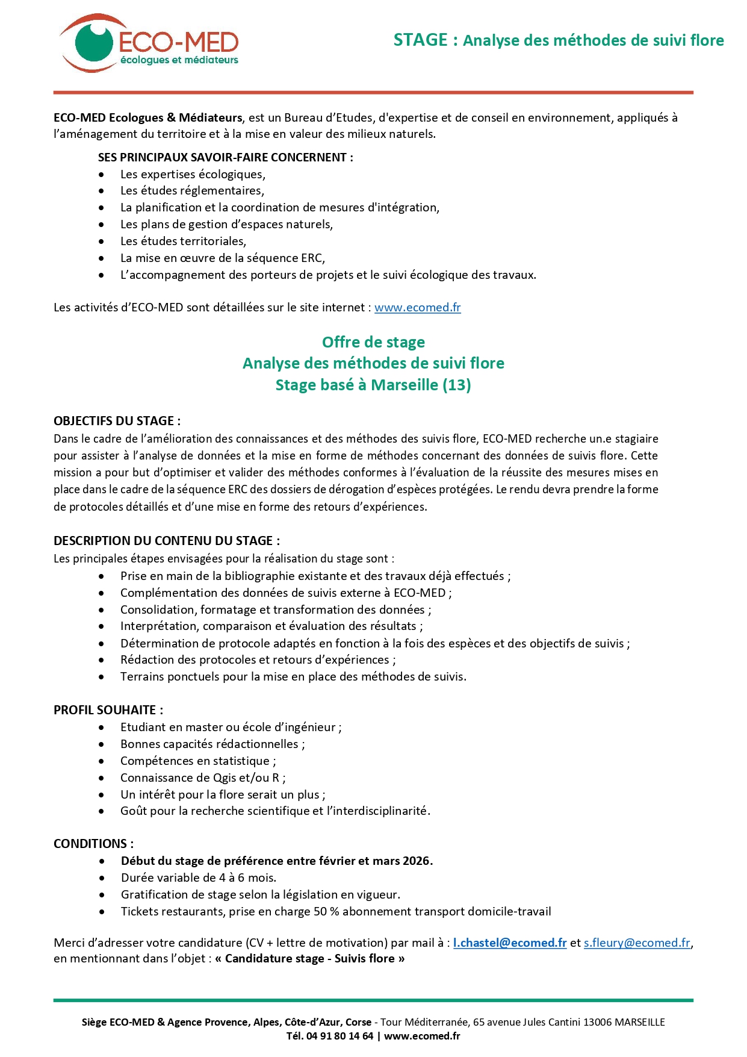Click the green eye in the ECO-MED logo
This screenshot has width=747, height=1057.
93,41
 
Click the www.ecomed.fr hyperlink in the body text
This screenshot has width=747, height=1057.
417,307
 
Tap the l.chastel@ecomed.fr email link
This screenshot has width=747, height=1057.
509,943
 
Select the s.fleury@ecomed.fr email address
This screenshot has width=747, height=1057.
637,943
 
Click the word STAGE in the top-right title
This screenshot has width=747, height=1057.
420,40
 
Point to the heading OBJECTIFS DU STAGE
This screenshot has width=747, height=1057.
117,421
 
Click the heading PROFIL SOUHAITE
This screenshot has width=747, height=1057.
108,710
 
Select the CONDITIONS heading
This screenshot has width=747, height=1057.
93,844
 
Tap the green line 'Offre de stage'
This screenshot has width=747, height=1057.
373,342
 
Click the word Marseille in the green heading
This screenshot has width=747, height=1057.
404,385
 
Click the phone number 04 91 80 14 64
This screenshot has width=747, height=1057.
339,1036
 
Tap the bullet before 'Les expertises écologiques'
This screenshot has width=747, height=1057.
102,175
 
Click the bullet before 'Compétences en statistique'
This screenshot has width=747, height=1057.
102,761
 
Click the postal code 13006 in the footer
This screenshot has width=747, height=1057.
597,1022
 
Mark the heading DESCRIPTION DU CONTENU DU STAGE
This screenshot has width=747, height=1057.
166,541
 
